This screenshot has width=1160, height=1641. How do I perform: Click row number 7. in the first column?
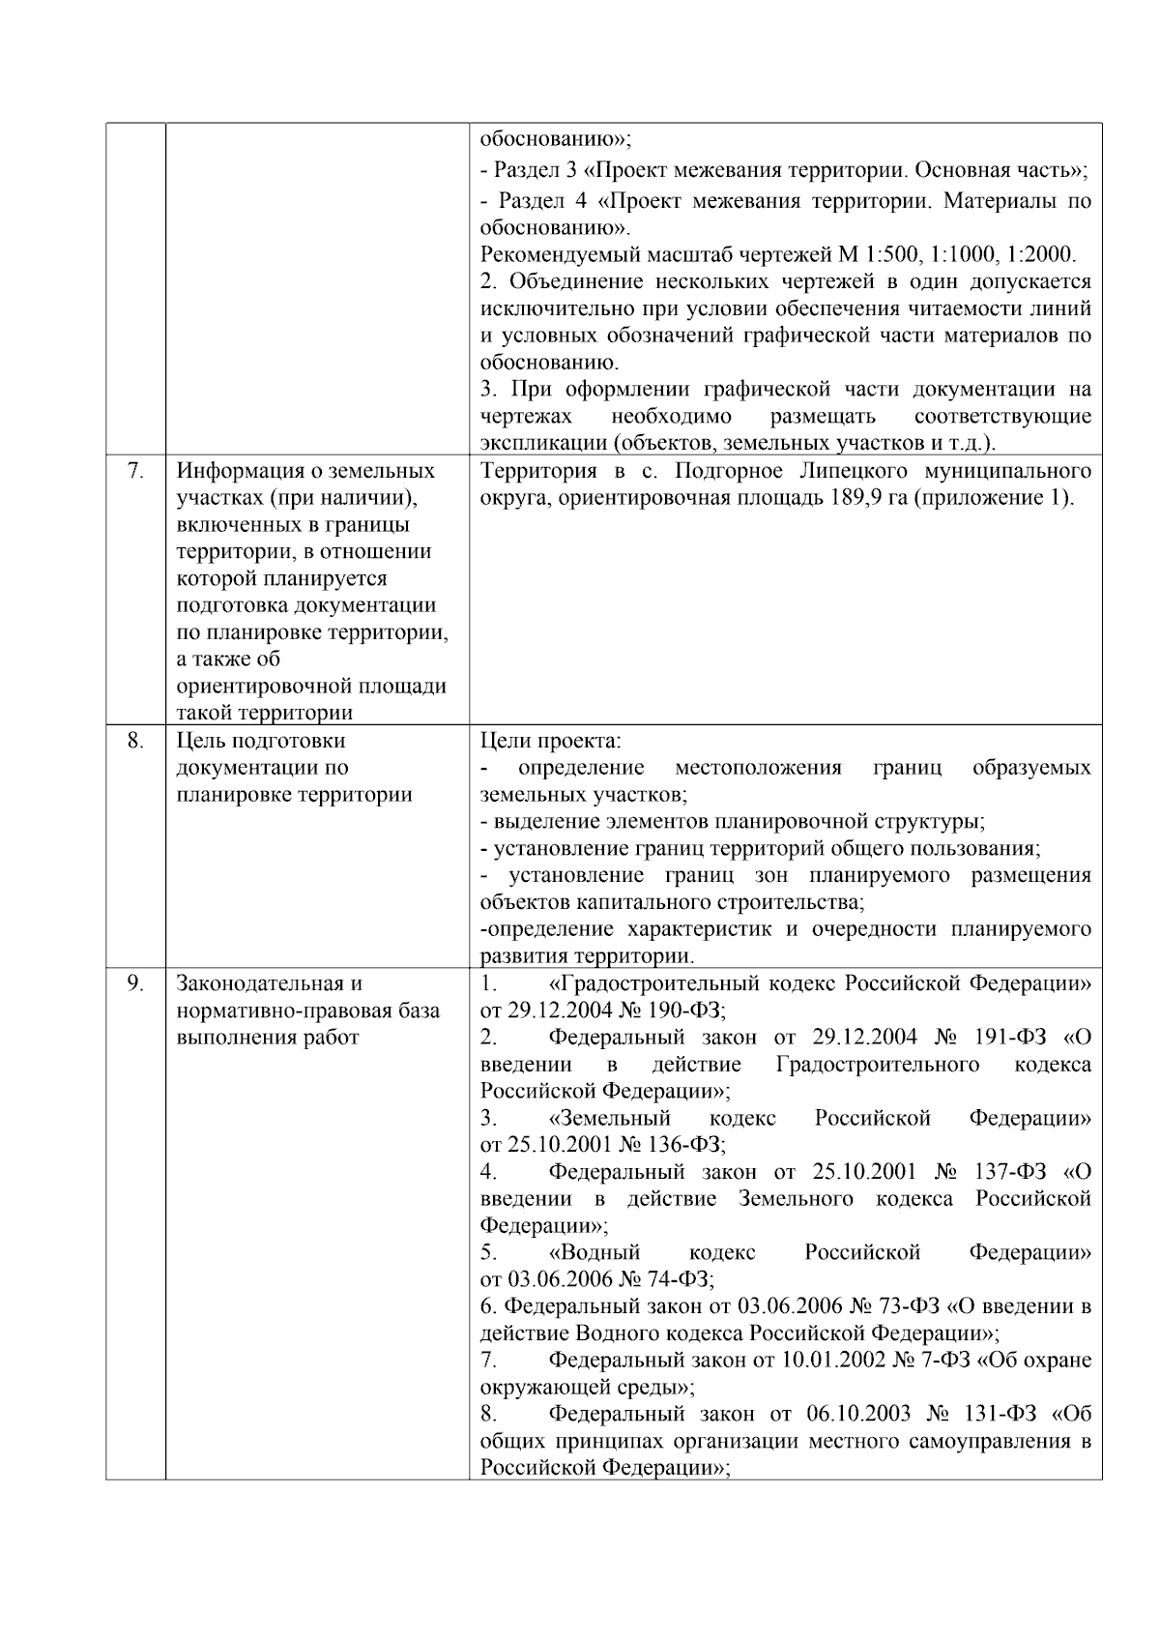[135, 471]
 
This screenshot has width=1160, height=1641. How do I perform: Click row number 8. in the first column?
[135, 741]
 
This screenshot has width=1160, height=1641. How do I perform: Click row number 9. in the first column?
[135, 983]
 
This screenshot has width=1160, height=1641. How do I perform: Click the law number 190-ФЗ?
[685, 1011]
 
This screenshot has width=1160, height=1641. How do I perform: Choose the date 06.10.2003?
[858, 1414]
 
